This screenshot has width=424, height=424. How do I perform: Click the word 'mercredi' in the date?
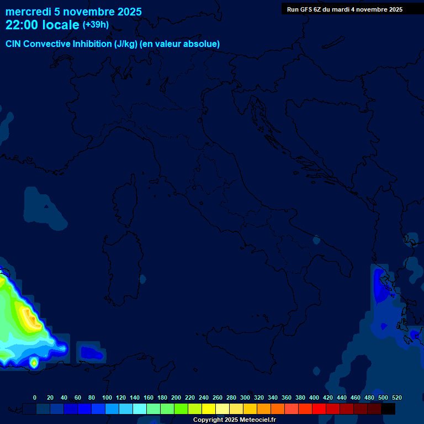click(x=28, y=12)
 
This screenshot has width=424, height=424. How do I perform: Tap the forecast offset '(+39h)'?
click(x=96, y=25)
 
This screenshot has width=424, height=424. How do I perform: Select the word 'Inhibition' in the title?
click(x=91, y=44)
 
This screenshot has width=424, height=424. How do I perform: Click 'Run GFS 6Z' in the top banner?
click(x=304, y=9)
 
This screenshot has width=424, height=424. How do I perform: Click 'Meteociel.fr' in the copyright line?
click(x=257, y=420)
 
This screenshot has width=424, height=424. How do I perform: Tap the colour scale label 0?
click(x=35, y=397)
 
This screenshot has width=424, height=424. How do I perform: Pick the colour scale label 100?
click(x=107, y=397)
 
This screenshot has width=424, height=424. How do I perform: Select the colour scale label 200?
click(x=176, y=397)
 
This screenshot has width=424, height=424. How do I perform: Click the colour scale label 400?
click(x=314, y=397)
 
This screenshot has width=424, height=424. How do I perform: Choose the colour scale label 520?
click(x=396, y=397)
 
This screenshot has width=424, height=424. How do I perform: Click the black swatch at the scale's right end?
click(x=388, y=409)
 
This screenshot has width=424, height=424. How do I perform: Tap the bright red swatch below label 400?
click(x=319, y=409)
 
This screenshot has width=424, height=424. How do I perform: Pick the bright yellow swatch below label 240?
click(x=208, y=409)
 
